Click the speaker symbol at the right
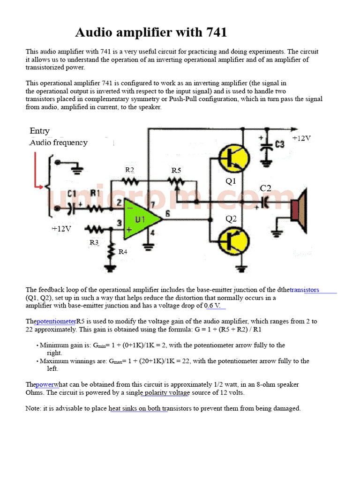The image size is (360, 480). pyautogui.click(x=298, y=210)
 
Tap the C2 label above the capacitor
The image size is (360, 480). pyautogui.click(x=266, y=188)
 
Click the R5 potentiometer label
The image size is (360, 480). pyautogui.click(x=176, y=171)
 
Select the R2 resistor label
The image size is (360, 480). pyautogui.click(x=130, y=170)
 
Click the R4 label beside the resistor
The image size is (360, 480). pyautogui.click(x=122, y=252)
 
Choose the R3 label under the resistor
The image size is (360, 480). pyautogui.click(x=94, y=242)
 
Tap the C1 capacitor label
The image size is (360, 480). pyautogui.click(x=72, y=193)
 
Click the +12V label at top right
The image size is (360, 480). pyautogui.click(x=301, y=138)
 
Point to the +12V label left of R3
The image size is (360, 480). pyautogui.click(x=61, y=229)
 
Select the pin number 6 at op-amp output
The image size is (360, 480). pyautogui.click(x=167, y=213)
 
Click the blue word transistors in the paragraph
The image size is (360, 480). pyautogui.click(x=304, y=290)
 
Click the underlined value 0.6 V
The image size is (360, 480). pyautogui.click(x=212, y=306)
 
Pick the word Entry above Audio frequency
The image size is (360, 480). pyautogui.click(x=39, y=131)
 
